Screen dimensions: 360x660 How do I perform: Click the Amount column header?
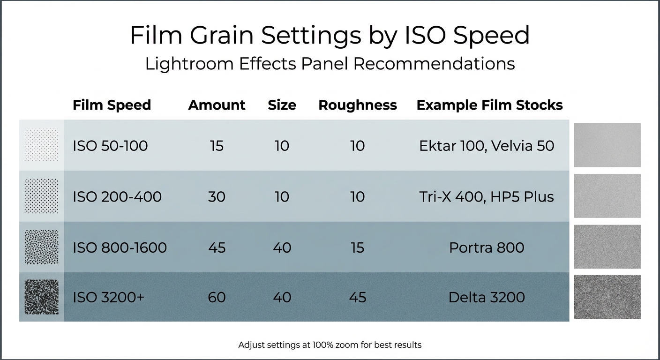[x=217, y=105]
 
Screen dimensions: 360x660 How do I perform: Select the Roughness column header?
[x=357, y=105]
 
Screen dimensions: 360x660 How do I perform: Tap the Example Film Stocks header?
[x=489, y=105]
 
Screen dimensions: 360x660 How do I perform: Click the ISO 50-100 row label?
[x=110, y=146]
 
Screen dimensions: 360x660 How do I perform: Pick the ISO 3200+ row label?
[x=108, y=297]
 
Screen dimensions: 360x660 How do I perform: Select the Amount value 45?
[x=217, y=247]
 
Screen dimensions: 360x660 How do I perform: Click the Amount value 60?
[x=217, y=297]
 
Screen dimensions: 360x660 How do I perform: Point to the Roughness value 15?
[x=357, y=247]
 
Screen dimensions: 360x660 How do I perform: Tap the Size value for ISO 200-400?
[x=282, y=196]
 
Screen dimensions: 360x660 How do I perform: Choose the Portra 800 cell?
[x=487, y=247]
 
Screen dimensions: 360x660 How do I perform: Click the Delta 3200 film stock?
[x=487, y=297]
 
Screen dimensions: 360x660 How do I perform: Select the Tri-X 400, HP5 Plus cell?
[x=487, y=196]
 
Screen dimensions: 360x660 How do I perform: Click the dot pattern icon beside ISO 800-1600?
[x=41, y=247]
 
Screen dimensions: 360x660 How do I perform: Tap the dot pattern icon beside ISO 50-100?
[x=41, y=145]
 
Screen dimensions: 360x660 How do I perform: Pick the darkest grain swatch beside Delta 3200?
[x=607, y=297]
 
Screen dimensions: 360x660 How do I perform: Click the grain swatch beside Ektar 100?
[x=607, y=145]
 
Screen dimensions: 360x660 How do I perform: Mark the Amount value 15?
[x=217, y=146]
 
